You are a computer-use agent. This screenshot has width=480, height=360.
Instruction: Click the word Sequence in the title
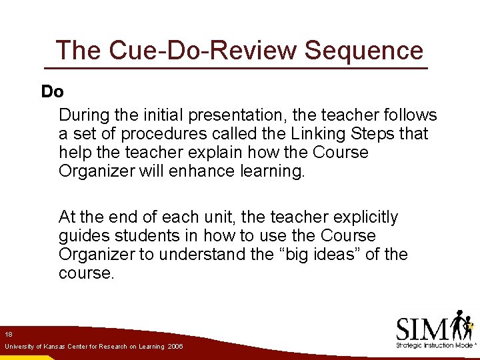(x=364, y=50)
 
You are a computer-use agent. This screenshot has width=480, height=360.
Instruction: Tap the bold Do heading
(x=52, y=91)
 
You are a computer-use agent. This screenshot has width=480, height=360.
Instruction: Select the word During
(x=84, y=115)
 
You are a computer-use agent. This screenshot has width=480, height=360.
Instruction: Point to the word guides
(x=84, y=236)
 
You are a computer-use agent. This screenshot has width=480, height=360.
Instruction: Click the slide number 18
(x=9, y=334)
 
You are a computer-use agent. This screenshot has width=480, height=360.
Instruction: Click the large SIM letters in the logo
(x=423, y=328)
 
